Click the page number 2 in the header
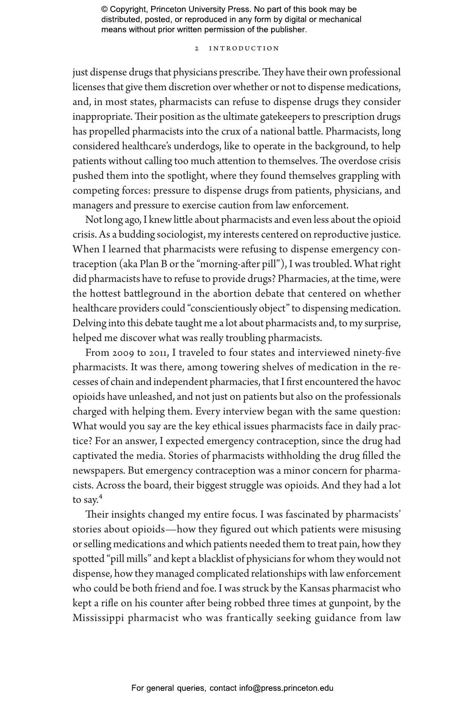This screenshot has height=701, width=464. [x=197, y=49]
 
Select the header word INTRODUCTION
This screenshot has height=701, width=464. [x=244, y=49]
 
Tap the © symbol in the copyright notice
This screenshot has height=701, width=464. [x=104, y=9]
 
